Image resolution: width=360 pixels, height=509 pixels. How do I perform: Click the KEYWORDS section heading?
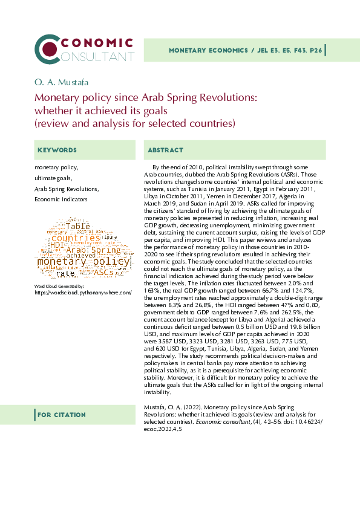[x=57, y=150]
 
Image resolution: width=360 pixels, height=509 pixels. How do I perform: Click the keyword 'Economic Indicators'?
[x=61, y=199]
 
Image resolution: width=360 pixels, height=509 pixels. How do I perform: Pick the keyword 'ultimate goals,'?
[x=54, y=178]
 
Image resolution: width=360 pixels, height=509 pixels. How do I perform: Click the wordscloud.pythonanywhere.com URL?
[x=83, y=292]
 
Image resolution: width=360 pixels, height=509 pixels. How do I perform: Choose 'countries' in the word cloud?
[x=76, y=238]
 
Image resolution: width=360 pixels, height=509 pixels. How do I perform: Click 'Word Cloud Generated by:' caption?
[x=55, y=285]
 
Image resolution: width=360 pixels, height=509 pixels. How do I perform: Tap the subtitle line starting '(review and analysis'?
[x=134, y=123]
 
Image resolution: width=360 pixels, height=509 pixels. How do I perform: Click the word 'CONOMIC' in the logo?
[x=97, y=43]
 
